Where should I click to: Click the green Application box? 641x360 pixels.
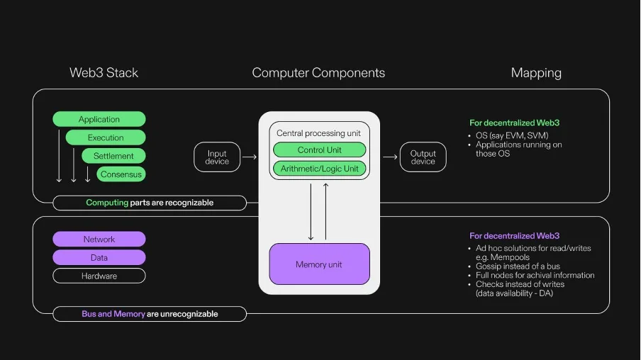click(x=99, y=119)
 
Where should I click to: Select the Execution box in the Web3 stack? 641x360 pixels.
click(x=106, y=137)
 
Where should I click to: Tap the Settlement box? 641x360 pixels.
click(x=113, y=156)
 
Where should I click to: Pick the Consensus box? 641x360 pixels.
click(x=121, y=174)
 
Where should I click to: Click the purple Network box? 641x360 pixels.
click(x=99, y=240)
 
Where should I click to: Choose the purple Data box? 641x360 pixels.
click(x=99, y=258)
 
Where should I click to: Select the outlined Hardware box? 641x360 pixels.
click(x=99, y=276)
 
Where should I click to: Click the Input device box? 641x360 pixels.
click(x=217, y=157)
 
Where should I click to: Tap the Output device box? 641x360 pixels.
click(x=423, y=157)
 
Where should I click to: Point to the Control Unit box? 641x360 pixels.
click(x=319, y=150)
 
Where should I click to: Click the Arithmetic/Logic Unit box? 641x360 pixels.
click(x=319, y=169)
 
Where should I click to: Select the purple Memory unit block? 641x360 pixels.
click(x=319, y=264)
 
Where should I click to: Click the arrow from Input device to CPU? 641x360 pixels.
click(x=249, y=157)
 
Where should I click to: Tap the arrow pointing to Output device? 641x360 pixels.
click(x=390, y=157)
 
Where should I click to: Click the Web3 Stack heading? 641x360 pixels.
click(x=104, y=73)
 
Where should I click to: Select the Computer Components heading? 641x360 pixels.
click(x=318, y=73)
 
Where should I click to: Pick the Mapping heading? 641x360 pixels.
click(x=536, y=73)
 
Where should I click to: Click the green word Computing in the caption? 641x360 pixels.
click(x=107, y=203)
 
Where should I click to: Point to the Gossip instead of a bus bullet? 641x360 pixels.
click(x=518, y=266)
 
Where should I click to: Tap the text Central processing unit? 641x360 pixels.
click(x=318, y=133)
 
